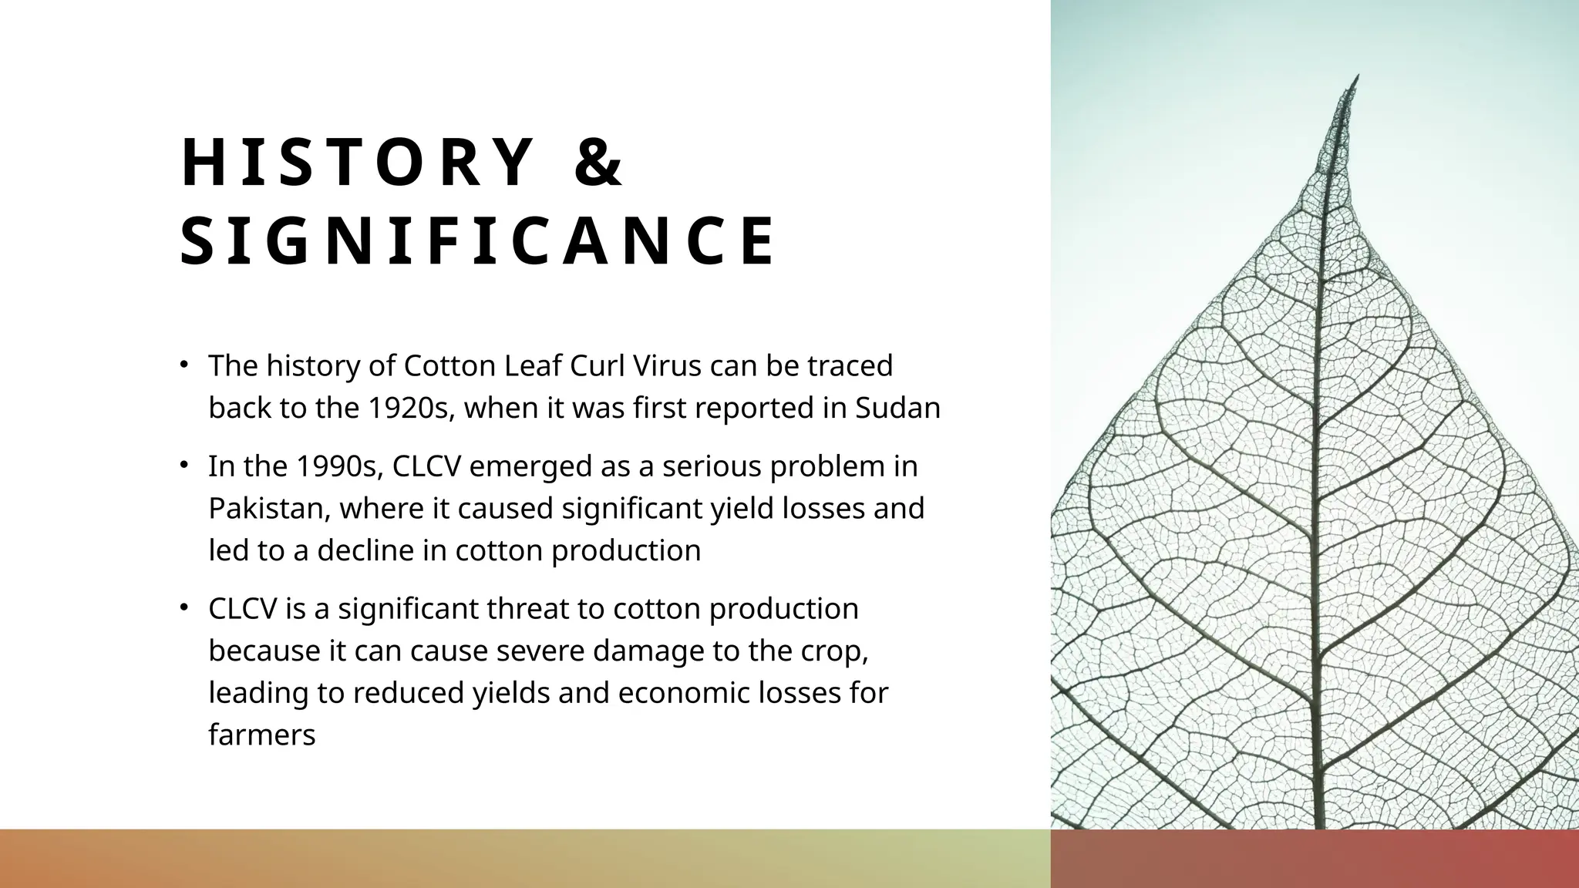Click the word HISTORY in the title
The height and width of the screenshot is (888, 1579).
pyautogui.click(x=357, y=163)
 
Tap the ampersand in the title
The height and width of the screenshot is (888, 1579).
pyautogui.click(x=599, y=163)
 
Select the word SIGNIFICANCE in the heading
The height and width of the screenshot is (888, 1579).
pyautogui.click(x=478, y=242)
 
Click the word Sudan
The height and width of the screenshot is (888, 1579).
pyautogui.click(x=897, y=408)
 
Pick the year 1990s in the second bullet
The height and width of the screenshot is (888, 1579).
pyautogui.click(x=339, y=466)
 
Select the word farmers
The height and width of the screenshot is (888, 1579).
pyautogui.click(x=262, y=735)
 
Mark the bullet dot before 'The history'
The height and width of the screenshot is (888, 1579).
pyautogui.click(x=183, y=365)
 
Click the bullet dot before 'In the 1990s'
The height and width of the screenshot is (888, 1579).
pyautogui.click(x=183, y=465)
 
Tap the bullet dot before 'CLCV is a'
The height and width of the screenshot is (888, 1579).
pyautogui.click(x=183, y=607)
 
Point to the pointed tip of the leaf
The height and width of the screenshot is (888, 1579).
pyautogui.click(x=1357, y=76)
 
